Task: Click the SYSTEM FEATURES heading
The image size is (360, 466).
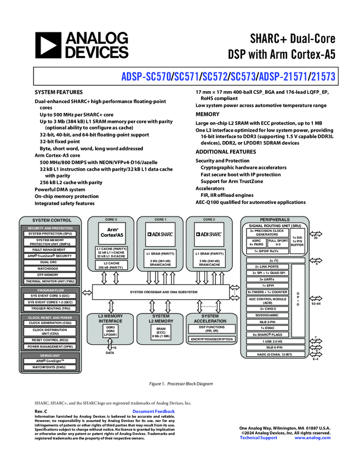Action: (59, 92)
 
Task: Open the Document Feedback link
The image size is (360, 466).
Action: (153, 411)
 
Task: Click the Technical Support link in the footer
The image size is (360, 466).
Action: (259, 437)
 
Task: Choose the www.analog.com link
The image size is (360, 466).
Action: (312, 437)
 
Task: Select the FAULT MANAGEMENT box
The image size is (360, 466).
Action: (50, 249)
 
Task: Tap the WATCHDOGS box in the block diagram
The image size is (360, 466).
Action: (50, 268)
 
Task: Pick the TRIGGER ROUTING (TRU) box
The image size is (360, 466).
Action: (50, 308)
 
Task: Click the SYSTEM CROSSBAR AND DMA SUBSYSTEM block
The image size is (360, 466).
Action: (164, 292)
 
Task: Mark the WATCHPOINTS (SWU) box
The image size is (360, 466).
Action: (50, 367)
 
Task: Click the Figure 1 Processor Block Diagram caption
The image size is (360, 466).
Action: (180, 384)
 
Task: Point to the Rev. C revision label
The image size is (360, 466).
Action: (41, 411)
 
